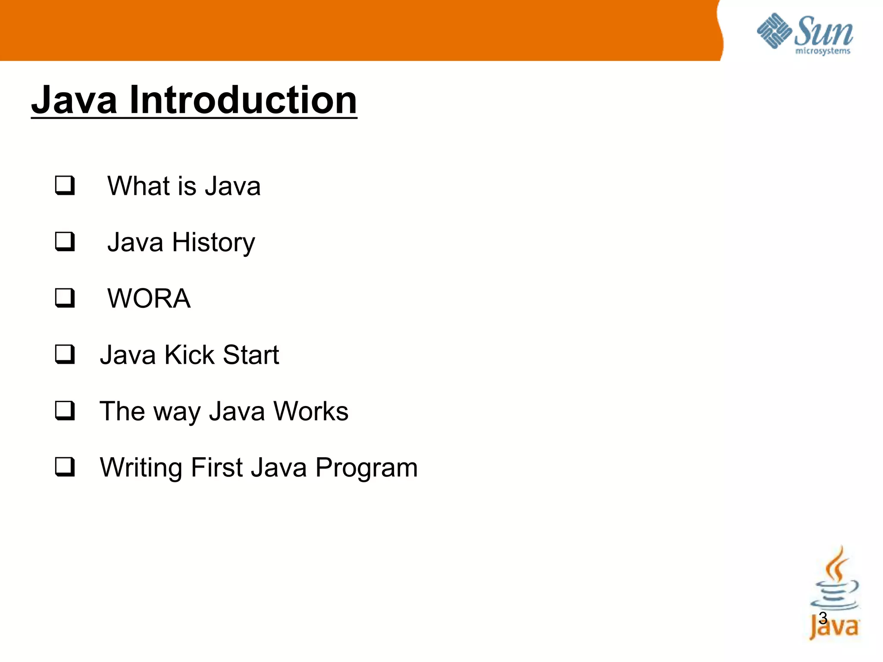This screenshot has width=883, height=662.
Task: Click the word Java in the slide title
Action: coord(74,100)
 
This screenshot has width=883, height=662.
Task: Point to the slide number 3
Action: coord(823,618)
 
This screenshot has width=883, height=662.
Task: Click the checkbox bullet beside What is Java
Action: coord(65,186)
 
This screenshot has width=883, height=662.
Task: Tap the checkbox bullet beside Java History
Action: coord(65,242)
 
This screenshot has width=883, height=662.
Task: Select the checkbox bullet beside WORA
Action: coord(65,298)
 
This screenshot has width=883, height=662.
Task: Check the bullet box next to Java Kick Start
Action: coord(65,355)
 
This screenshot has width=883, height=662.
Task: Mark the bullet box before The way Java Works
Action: coord(65,411)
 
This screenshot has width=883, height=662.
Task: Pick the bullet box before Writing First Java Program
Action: coord(65,467)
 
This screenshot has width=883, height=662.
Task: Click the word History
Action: coord(213,243)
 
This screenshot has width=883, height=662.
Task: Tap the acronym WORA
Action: coord(149,298)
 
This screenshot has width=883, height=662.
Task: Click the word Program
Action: coord(366,468)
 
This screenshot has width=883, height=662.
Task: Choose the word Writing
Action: coord(141,468)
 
